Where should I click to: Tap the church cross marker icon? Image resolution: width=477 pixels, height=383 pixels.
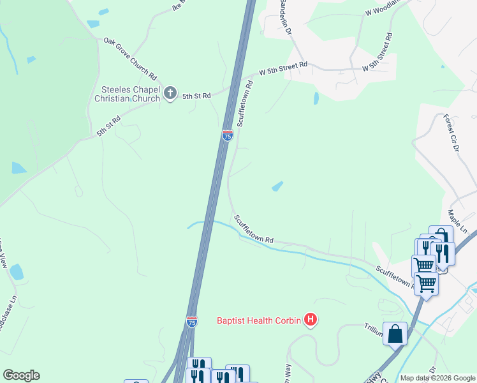coord(170,93)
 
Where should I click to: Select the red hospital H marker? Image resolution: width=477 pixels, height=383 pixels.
coord(311,319)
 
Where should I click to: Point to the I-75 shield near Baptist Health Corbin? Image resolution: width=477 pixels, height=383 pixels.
coord(192,322)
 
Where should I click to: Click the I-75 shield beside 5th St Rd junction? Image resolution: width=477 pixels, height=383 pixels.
coord(228,135)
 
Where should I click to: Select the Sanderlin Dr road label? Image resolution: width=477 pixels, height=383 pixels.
coord(285,17)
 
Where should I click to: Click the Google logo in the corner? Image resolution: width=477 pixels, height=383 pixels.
coord(21,375)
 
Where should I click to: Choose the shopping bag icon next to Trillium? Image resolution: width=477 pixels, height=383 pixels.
coord(395,333)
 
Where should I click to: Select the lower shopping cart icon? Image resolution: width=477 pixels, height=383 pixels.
coord(426,283)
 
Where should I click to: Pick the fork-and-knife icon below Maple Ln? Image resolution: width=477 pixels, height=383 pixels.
coord(443,253)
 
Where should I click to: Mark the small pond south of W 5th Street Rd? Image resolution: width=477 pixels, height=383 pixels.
coord(316,98)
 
